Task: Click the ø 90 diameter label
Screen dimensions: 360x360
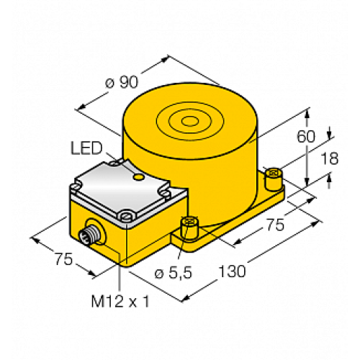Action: pos(120,81)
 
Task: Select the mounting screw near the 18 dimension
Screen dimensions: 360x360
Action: pos(273,173)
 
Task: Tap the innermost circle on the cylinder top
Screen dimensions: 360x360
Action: pos(192,120)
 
